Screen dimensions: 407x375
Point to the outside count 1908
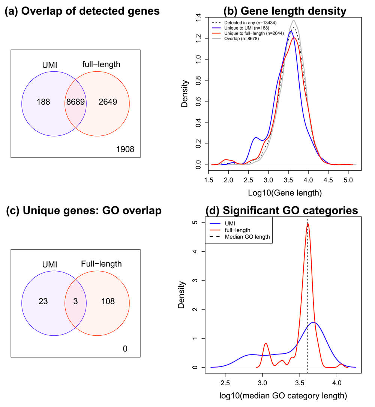(x=125, y=150)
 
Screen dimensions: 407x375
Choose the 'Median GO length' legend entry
(x=247, y=237)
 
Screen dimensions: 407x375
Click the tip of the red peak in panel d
(x=308, y=224)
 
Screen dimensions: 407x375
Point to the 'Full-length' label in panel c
(x=101, y=264)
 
